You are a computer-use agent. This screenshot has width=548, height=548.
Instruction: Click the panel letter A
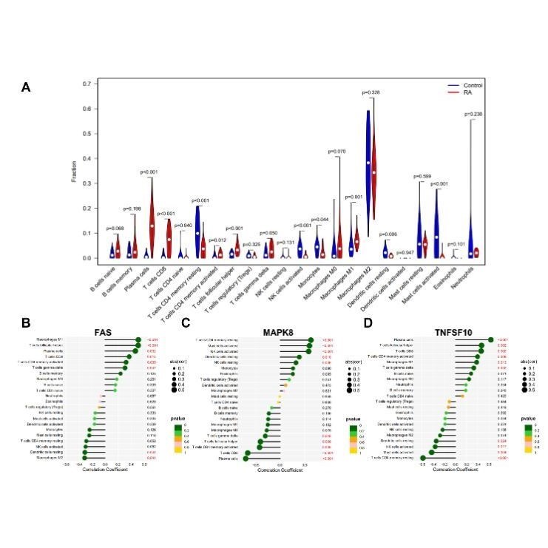[26, 87]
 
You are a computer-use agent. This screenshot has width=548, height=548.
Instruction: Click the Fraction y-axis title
[73, 170]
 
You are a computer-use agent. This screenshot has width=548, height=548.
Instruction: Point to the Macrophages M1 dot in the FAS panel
[138, 340]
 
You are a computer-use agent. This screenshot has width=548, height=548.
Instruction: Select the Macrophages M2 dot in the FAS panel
[84, 459]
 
